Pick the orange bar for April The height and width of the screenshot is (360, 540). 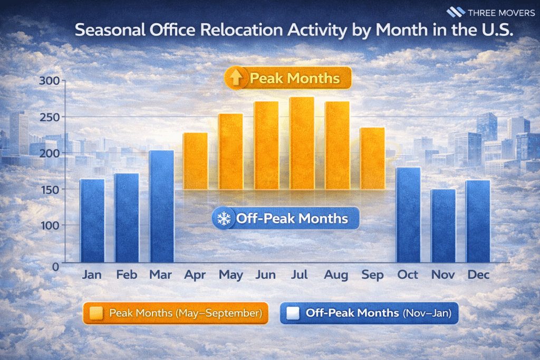[195, 161]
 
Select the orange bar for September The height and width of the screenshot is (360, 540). [372, 158]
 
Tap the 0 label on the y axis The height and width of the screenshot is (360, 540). [55, 267]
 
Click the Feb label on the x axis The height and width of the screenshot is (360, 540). [127, 275]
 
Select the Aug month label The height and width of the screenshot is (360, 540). [336, 275]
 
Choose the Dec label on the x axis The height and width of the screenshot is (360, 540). [478, 275]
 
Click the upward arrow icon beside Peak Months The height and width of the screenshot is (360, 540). [235, 79]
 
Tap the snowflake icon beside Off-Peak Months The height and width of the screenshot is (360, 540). [224, 218]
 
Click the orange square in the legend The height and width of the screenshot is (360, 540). [97, 313]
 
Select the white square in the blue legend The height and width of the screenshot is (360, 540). [293, 313]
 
